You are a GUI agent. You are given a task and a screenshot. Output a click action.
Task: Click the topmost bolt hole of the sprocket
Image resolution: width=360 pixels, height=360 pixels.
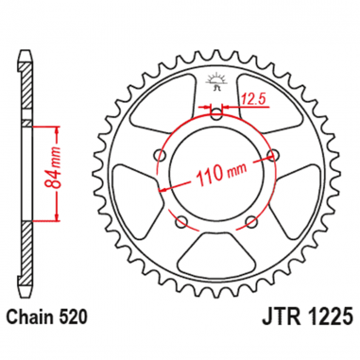(x=217, y=116)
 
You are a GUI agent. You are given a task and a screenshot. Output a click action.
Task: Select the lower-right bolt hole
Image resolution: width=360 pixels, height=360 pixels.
(x=252, y=222)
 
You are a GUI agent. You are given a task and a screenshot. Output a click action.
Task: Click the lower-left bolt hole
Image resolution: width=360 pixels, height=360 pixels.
(x=181, y=222)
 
